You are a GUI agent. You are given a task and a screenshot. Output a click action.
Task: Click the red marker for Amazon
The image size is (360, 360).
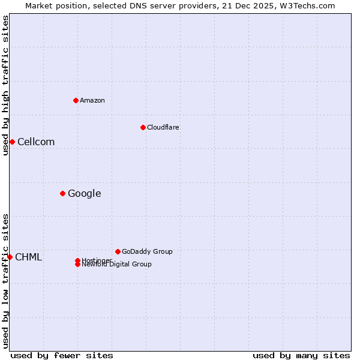[x=76, y=100]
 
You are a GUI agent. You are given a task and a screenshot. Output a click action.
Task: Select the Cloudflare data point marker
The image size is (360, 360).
[x=143, y=127]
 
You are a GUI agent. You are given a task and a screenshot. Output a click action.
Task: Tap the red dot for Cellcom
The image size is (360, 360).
[x=12, y=142]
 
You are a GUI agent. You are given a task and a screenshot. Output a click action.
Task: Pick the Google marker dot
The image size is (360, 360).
[x=62, y=193]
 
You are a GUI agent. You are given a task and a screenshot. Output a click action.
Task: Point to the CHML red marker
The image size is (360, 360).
[x=10, y=257]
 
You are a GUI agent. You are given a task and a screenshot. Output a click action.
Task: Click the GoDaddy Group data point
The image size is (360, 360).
[x=118, y=251]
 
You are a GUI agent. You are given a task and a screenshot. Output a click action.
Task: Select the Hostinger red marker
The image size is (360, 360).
[x=77, y=260]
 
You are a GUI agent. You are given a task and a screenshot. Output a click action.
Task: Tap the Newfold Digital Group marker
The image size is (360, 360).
[x=77, y=264]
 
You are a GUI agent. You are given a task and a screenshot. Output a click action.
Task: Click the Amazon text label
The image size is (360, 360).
[x=92, y=100]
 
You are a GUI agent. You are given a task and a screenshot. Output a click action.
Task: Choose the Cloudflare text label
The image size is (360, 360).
[x=163, y=127]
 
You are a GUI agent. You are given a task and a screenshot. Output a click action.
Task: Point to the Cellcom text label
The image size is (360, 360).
[x=36, y=142]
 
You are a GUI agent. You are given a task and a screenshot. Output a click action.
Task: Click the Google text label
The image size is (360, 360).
[x=85, y=193]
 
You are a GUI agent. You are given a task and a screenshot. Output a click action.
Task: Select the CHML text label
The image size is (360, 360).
[x=29, y=257]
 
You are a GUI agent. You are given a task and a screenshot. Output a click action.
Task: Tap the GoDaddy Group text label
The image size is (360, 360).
[x=147, y=251]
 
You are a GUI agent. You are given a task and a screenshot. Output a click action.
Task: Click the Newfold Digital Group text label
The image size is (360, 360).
[x=117, y=265]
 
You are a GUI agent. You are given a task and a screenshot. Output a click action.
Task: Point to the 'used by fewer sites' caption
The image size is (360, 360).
[x=62, y=355]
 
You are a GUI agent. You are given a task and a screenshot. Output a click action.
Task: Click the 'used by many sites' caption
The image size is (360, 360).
[x=301, y=355]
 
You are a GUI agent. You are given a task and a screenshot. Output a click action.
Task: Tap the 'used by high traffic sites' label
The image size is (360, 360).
[x=5, y=85]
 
